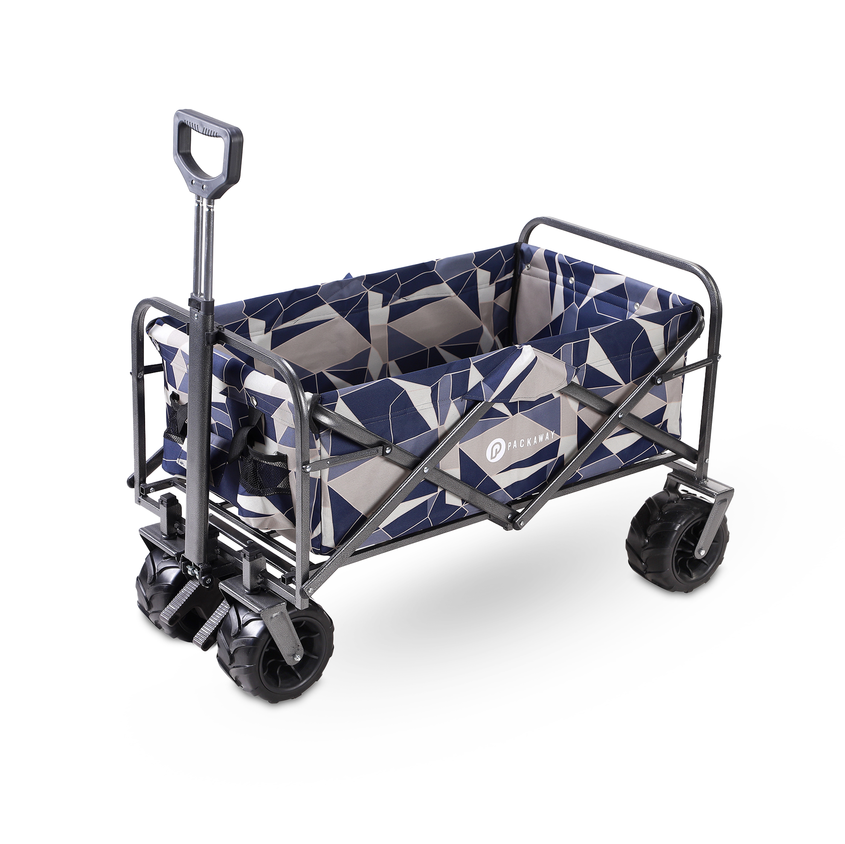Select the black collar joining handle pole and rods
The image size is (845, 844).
[201, 304]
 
